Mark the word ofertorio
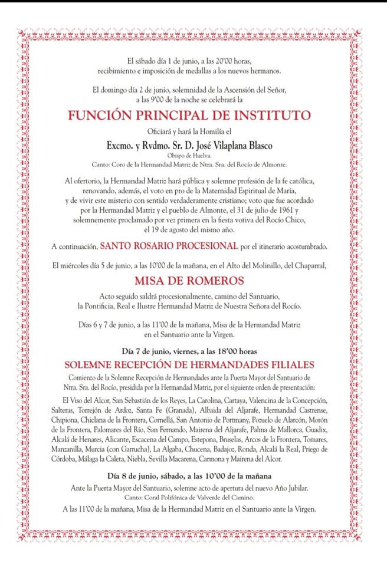90,179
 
